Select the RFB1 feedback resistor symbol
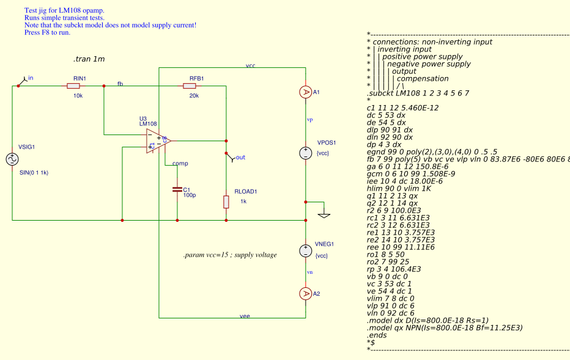190,86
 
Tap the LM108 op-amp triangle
157,141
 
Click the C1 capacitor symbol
177,189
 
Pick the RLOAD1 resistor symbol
226,201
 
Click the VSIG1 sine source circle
12,160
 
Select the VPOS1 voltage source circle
305,153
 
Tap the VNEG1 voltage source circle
305,251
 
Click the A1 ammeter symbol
305,92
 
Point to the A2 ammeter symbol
305,294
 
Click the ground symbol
324,214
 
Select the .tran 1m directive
89,59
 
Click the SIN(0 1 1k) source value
34,173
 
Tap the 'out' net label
240,157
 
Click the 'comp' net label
180,163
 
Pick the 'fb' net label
120,83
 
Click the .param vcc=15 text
230,255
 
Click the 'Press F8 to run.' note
47,32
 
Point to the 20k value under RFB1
193,96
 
